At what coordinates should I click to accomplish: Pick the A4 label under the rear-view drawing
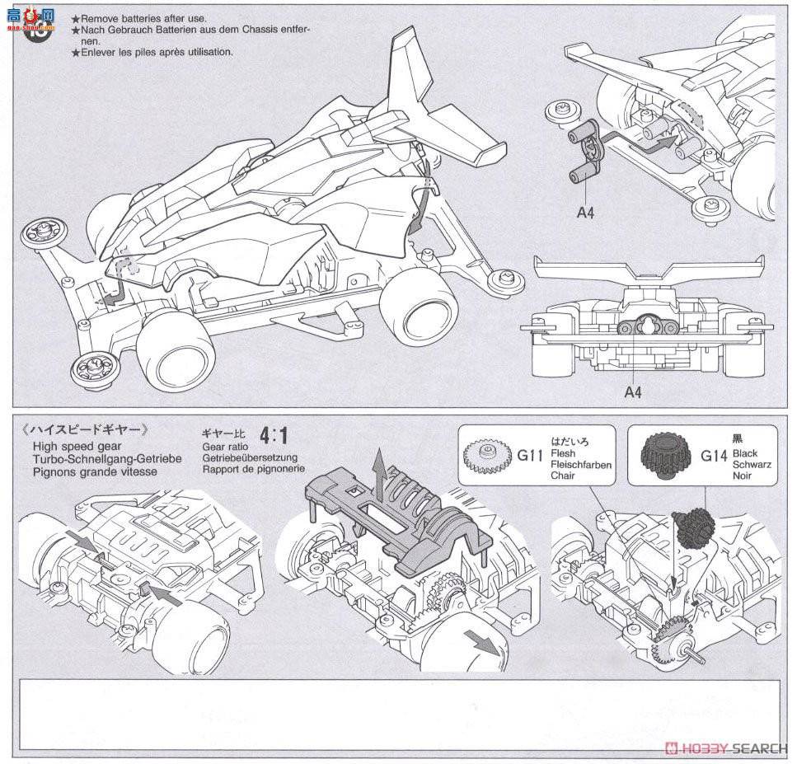pyautogui.click(x=632, y=392)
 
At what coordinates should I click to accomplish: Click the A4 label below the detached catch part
pyautogui.click(x=585, y=213)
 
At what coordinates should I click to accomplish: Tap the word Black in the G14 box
pyautogui.click(x=745, y=454)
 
